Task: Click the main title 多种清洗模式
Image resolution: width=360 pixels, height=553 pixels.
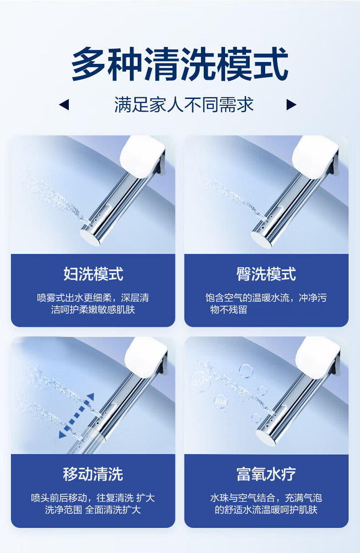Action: coord(180,64)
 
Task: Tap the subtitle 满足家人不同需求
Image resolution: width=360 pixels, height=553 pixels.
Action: coord(184,105)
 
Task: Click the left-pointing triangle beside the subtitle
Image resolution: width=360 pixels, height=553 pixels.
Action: coord(64,105)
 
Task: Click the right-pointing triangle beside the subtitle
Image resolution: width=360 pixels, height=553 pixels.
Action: coord(291,105)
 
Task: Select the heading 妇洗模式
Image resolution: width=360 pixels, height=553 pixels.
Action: coord(93,274)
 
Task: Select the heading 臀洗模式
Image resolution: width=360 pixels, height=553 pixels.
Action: coord(266,274)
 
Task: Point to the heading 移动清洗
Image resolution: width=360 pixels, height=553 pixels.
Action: coord(93,474)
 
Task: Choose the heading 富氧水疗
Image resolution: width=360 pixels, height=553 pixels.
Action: coord(266,474)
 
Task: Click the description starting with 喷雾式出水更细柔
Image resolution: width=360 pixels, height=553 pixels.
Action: coord(93,304)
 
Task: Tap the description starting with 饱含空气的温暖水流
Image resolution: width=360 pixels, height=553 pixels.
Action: coord(266,304)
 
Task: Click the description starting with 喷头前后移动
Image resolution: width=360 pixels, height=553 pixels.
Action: coord(93,504)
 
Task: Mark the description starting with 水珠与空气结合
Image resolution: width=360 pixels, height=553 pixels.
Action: coord(266,504)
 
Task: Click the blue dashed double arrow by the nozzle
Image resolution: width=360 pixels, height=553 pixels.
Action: coord(77,416)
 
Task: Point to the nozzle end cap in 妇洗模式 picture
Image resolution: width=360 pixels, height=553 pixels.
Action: coord(91,237)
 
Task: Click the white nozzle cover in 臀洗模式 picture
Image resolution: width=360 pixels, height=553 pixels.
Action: coord(315,157)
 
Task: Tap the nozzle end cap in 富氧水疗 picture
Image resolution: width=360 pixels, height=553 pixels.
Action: coord(266,438)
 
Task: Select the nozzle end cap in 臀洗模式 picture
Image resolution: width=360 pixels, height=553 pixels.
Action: coord(262,239)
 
